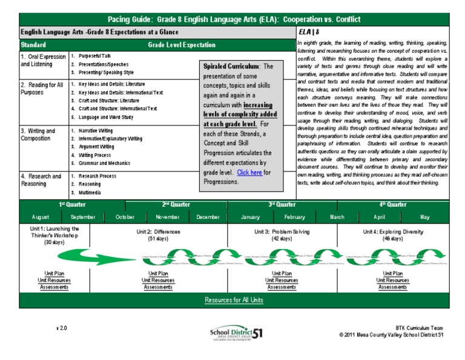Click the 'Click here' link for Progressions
pos(249,172)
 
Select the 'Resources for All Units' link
pos(234,300)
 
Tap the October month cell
pos(125,217)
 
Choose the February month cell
pos(295,217)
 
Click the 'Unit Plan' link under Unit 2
pos(158,273)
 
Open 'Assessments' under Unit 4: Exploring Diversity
pos(393,287)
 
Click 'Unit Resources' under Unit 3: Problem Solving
pos(282,281)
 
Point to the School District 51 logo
pos(236,333)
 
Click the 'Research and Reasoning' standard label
pos(41,180)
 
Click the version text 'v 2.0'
pos(62,327)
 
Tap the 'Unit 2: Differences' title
pos(158,232)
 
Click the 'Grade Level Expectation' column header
pos(181,45)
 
